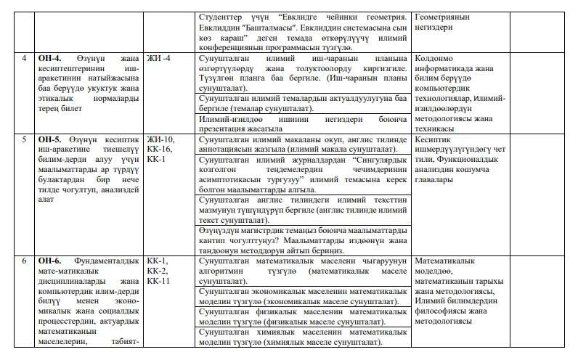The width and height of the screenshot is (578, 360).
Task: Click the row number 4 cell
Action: pyautogui.click(x=25, y=57)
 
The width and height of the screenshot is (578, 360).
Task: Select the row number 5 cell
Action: pyautogui.click(x=25, y=138)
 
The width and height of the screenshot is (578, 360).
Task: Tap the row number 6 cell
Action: pyautogui.click(x=25, y=261)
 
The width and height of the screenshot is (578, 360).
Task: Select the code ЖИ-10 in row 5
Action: pyautogui.click(x=160, y=138)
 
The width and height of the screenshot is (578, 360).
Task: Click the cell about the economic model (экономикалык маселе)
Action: pyautogui.click(x=302, y=296)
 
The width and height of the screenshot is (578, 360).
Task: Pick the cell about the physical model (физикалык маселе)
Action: pyautogui.click(x=302, y=316)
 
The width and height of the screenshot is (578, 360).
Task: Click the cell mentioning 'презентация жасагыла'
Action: pyautogui.click(x=302, y=123)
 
